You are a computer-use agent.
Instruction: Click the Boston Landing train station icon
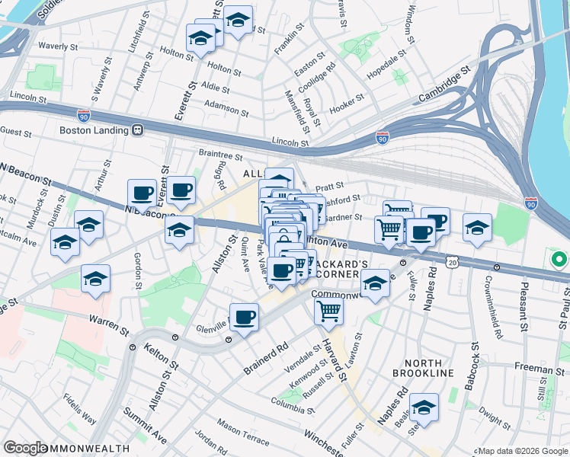(x=138, y=129)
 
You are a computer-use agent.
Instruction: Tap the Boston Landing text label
(x=95, y=129)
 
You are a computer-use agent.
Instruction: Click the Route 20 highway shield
(x=453, y=261)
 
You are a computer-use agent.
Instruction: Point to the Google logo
(x=25, y=449)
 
